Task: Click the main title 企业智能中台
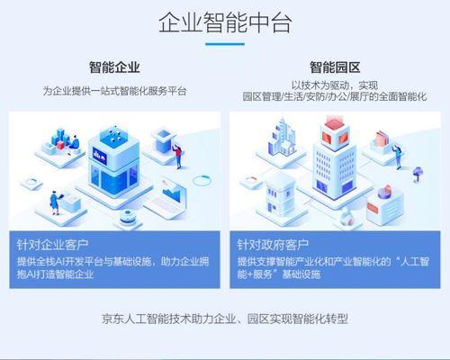tap(225, 22)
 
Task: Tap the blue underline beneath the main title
tap(225, 44)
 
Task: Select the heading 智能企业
tap(114, 67)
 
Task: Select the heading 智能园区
tap(335, 67)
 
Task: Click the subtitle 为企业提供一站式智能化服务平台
tap(114, 91)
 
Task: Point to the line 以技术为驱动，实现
tap(335, 85)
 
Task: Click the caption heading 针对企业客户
tap(52, 245)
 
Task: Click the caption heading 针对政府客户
tap(273, 245)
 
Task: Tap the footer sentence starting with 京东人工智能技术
tap(225, 319)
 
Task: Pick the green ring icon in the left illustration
tap(202, 180)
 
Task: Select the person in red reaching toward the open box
tap(177, 156)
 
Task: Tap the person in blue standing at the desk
tap(55, 202)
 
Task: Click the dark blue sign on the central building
tap(100, 156)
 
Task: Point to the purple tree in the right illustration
tap(418, 174)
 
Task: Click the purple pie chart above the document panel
tap(385, 192)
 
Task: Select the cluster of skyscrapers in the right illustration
tap(282, 137)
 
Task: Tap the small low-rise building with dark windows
tap(281, 195)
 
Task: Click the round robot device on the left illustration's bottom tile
tap(128, 217)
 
